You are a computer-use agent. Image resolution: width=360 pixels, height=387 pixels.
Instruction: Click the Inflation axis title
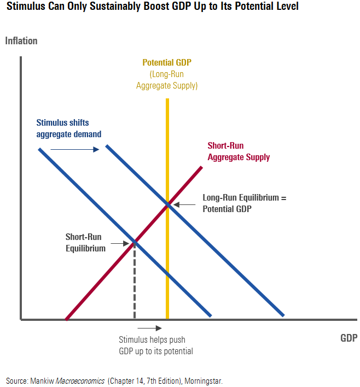(x=21, y=41)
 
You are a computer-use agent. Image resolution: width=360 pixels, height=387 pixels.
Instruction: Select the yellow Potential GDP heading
(x=167, y=63)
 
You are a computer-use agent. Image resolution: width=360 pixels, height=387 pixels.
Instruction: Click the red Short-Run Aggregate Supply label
(x=239, y=151)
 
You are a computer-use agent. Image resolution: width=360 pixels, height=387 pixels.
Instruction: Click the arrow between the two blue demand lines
(x=74, y=149)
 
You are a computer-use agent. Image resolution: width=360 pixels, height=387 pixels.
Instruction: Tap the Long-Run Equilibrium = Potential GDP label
(x=244, y=203)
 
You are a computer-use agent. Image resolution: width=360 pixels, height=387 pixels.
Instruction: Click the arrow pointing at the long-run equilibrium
(x=184, y=204)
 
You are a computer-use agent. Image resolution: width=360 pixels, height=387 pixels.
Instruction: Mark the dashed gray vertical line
(x=135, y=282)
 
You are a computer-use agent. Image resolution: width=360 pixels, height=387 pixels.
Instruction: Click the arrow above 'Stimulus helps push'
(x=153, y=328)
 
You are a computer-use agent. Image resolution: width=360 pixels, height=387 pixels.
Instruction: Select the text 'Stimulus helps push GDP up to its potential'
(x=155, y=345)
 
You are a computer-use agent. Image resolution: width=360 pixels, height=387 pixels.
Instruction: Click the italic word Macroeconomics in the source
(x=80, y=380)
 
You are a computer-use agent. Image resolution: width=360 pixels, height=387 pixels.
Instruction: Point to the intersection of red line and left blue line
(x=134, y=242)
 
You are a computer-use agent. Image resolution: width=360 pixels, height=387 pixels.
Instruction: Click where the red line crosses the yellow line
(x=167, y=204)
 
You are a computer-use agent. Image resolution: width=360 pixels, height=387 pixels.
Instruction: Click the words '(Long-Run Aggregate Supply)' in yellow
(x=167, y=80)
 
